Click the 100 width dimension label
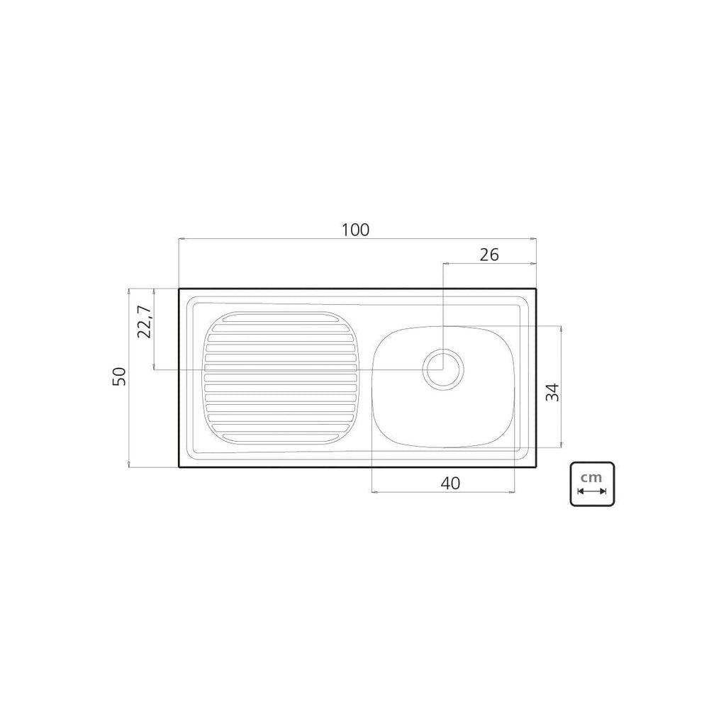356,230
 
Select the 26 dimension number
489,255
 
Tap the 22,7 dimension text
145,322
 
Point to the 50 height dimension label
119,376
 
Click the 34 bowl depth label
552,392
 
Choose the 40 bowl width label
450,484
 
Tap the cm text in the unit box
592,477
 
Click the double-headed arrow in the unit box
592,491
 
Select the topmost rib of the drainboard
281,317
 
